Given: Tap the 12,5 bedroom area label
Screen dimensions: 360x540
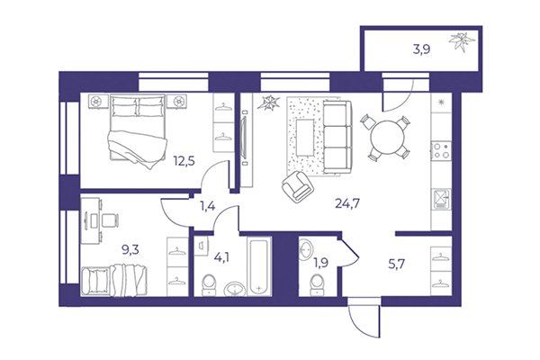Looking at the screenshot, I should click(186, 162).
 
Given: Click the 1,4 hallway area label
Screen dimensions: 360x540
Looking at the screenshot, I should click(208, 206).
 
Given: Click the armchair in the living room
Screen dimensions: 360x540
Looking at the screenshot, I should click(298, 186).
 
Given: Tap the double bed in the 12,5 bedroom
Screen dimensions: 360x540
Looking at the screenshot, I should click(138, 132).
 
